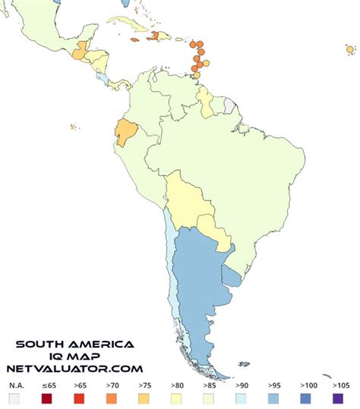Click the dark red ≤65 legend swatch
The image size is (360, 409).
tap(47, 398)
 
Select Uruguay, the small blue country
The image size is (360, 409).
tap(234, 279)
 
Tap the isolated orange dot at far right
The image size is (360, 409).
tap(349, 49)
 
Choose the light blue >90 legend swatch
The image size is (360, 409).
tap(241, 398)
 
